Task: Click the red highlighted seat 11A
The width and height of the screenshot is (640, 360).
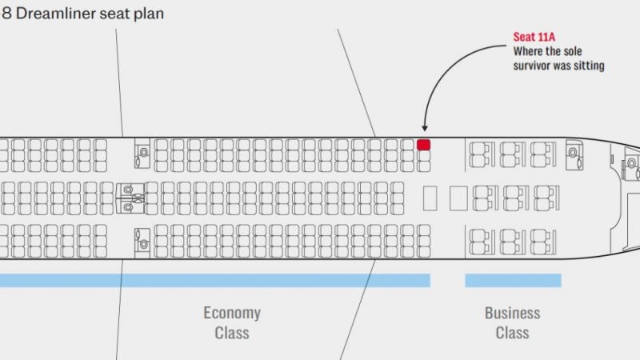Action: click(423, 145)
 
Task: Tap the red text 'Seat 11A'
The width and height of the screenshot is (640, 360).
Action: click(534, 37)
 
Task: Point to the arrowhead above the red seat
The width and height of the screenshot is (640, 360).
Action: click(425, 128)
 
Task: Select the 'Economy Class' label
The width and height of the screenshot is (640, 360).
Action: click(232, 323)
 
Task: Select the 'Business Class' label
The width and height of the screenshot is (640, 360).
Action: click(512, 323)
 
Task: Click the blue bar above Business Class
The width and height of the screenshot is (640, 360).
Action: click(513, 281)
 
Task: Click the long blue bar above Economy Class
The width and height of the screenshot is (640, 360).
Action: click(215, 281)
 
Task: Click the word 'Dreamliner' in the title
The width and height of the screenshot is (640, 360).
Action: click(55, 14)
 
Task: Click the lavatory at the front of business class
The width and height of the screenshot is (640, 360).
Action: click(574, 154)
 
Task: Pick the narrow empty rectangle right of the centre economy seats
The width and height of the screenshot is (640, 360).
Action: click(430, 198)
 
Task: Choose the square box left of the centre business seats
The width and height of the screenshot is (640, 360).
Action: click(458, 198)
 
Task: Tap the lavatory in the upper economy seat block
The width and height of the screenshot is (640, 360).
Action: click(142, 154)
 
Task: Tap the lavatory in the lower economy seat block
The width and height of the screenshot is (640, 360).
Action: click(142, 243)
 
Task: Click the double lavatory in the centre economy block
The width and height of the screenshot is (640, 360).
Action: click(130, 198)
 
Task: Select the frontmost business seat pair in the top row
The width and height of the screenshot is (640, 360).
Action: click(544, 154)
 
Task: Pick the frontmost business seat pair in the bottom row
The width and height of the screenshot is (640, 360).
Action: click(544, 242)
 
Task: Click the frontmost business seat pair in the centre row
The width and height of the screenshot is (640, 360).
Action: click(547, 198)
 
